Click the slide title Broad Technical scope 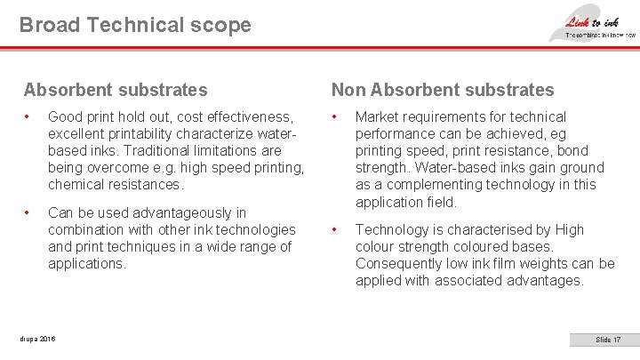tap(135, 25)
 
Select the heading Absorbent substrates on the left tap(116, 90)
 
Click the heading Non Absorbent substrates tap(442, 90)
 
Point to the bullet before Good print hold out tap(28, 117)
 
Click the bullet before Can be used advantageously tap(28, 213)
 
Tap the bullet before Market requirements tap(336, 117)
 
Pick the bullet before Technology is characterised tap(336, 230)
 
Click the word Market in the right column tap(377, 117)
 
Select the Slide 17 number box tap(608, 340)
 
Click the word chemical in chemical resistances tap(76, 185)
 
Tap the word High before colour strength tap(565, 230)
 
